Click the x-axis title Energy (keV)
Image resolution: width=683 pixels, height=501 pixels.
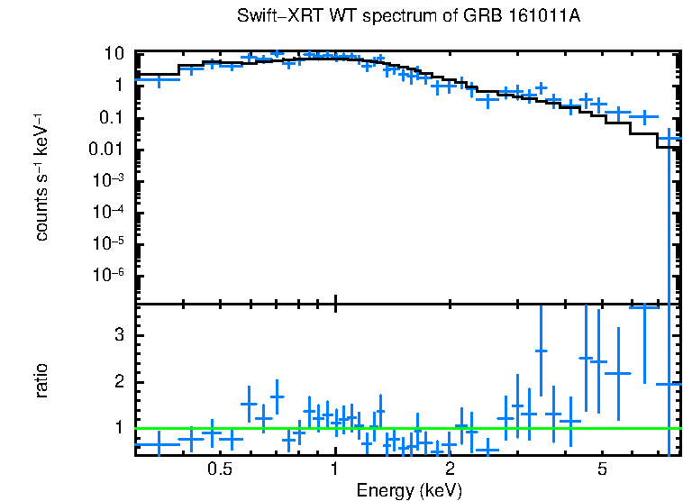point(408,490)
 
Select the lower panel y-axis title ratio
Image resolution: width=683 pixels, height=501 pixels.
point(42,381)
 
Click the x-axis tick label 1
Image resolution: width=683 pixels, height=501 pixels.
point(335,469)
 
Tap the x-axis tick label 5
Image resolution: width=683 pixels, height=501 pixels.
point(602,469)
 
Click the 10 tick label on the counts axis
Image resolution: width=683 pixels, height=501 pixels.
point(113,54)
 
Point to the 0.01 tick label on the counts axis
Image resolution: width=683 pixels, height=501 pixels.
point(106,150)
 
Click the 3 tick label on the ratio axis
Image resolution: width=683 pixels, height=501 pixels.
point(117,335)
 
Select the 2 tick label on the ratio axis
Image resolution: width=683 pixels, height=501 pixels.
point(117,382)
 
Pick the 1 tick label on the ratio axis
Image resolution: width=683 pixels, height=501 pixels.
point(117,428)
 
